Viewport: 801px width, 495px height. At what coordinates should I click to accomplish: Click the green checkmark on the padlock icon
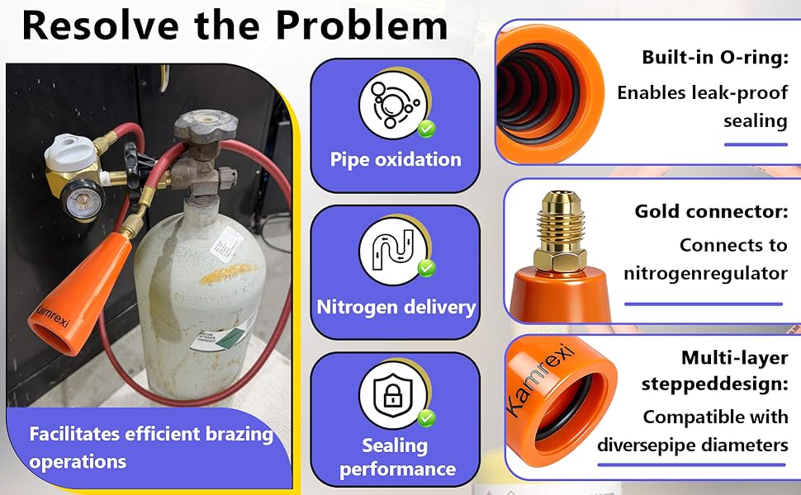[x=426, y=418]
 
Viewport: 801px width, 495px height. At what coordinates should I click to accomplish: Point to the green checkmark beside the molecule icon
[x=426, y=129]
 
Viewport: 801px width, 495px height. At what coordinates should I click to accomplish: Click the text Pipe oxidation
[x=396, y=159]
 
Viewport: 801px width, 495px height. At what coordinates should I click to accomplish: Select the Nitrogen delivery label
[x=396, y=308]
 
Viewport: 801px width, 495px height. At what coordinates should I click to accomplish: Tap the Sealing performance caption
[x=396, y=457]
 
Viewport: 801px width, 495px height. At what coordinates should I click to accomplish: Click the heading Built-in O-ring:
[x=714, y=58]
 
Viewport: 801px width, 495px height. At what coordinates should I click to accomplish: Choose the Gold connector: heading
[x=710, y=211]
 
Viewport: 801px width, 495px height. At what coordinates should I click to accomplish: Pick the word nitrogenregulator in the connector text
[x=705, y=273]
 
